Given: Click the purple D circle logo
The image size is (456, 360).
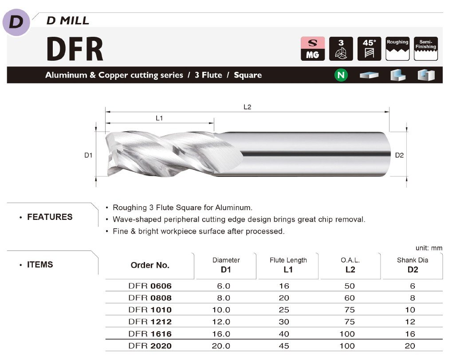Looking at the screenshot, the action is [16, 22].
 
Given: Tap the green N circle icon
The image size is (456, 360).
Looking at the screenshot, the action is [341, 75].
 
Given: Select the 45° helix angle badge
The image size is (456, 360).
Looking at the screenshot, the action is [369, 48].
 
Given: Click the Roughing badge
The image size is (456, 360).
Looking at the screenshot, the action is [397, 48].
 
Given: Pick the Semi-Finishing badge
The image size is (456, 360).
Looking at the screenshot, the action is [426, 48].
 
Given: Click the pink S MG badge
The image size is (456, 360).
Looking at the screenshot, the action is [313, 48].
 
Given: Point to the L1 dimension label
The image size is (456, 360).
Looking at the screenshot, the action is [159, 118].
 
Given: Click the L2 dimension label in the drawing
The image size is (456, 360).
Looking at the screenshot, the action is [247, 107].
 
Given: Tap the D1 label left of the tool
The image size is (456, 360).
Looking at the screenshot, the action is [88, 155].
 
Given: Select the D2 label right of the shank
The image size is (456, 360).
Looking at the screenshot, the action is [399, 155].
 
